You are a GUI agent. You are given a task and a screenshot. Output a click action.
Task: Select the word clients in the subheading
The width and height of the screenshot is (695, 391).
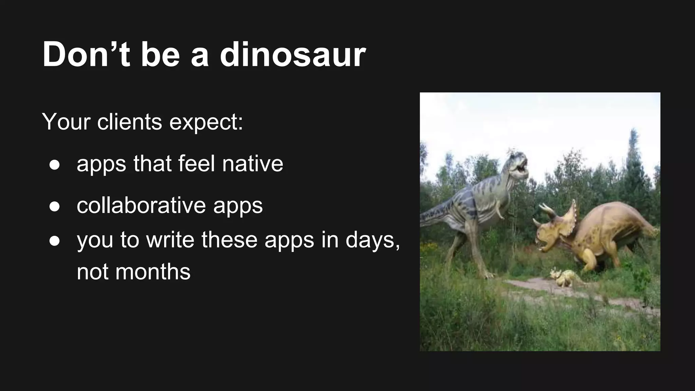(130, 122)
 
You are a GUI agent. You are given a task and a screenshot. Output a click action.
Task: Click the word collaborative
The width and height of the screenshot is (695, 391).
(141, 205)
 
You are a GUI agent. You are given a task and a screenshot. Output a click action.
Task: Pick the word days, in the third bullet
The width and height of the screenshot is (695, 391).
(373, 240)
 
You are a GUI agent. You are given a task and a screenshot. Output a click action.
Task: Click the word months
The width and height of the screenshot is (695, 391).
(153, 272)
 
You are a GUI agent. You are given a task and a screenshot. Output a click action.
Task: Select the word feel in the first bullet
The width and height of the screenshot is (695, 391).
(196, 164)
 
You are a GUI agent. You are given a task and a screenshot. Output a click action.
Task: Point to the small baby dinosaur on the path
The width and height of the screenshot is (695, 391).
(563, 276)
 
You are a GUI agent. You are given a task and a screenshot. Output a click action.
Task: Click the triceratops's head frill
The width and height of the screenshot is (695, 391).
(570, 217)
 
